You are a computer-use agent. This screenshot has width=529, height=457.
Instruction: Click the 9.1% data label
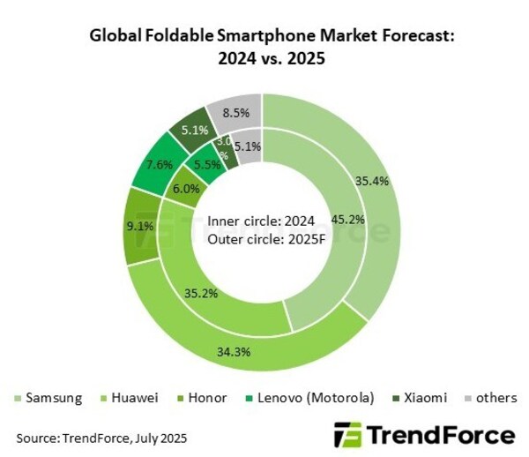coord(139,225)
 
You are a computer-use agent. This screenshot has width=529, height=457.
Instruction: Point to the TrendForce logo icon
coord(348,435)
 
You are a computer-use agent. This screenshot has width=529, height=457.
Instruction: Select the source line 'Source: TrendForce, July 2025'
coord(101,437)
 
